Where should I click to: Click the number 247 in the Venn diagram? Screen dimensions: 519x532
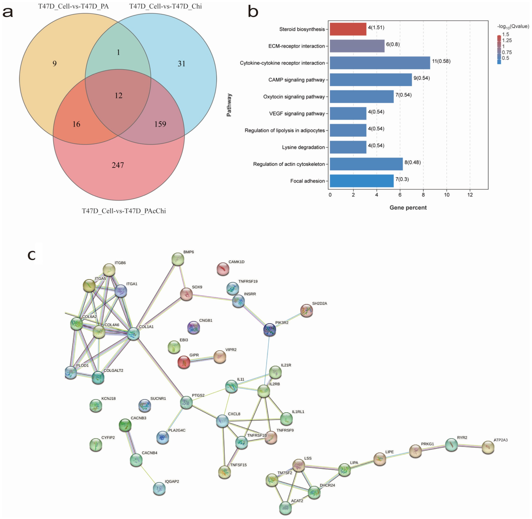pos(118,165)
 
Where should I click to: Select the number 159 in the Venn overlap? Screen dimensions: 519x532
pos(160,124)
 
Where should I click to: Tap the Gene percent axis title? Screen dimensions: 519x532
pos(408,208)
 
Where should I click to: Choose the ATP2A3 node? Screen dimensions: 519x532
pos(488,447)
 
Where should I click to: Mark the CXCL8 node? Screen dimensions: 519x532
pos(222,421)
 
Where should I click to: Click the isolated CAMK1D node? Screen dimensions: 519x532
pos(223,269)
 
